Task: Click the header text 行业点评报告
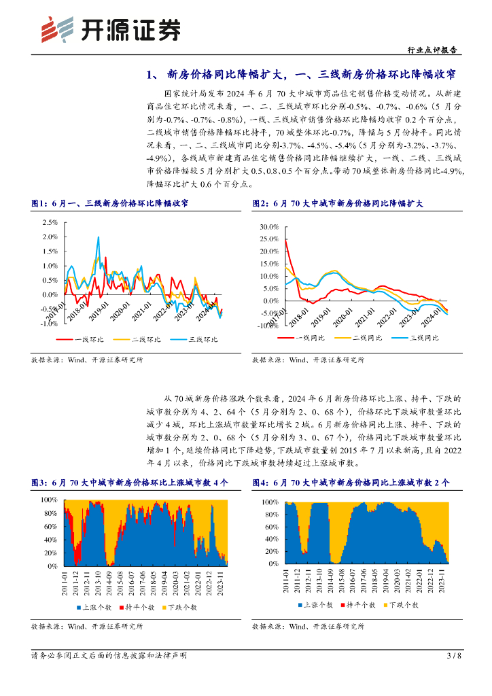pyautogui.click(x=431, y=50)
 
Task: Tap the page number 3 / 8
pyautogui.click(x=454, y=656)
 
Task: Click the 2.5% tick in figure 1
pyautogui.click(x=50, y=222)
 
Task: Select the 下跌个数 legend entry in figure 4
pyautogui.click(x=400, y=604)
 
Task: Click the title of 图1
pyautogui.click(x=110, y=203)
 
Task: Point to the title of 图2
pyautogui.click(x=337, y=203)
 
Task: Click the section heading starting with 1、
pyautogui.click(x=301, y=74)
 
